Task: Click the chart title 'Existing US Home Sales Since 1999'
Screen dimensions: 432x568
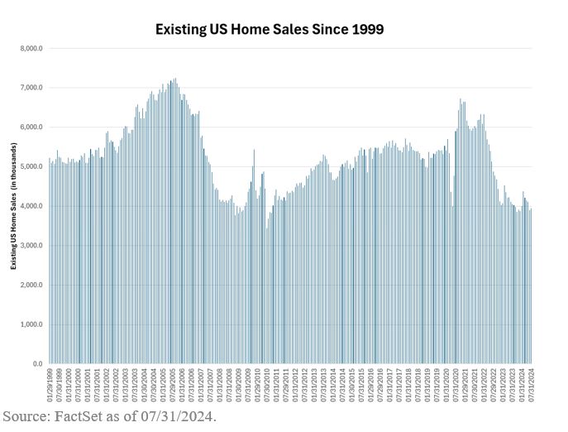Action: pos(270,29)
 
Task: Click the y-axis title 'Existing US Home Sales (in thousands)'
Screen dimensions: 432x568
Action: pos(14,206)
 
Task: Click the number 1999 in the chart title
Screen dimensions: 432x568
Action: pos(365,29)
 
